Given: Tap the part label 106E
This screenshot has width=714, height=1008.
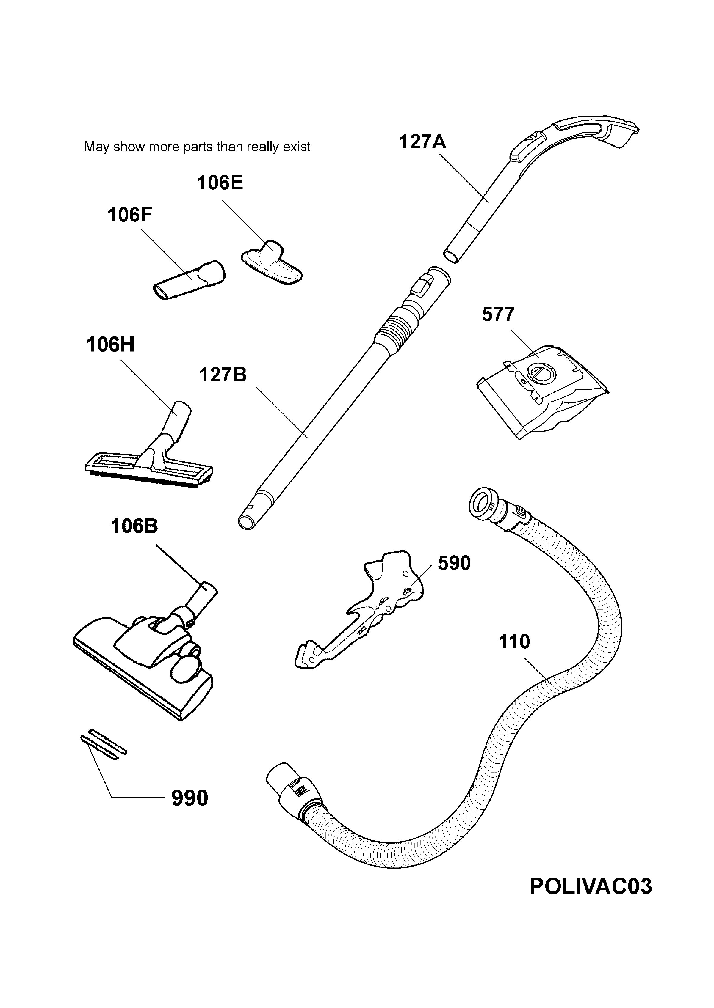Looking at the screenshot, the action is click(220, 183).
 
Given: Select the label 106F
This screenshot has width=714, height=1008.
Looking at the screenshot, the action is click(130, 215).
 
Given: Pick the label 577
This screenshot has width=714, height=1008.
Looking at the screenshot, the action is click(498, 314).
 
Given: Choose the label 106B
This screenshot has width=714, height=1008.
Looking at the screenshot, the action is click(134, 526).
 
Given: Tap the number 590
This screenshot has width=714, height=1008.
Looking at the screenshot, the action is click(454, 563).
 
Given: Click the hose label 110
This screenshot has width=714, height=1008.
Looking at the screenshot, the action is click(514, 642).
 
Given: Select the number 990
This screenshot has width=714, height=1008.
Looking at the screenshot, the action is click(190, 798).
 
